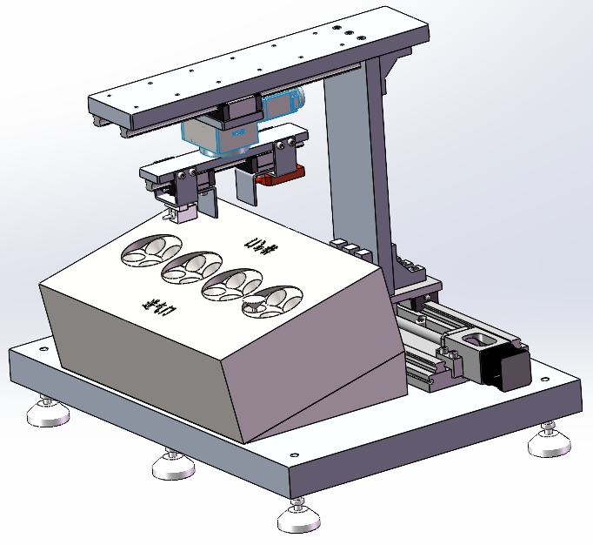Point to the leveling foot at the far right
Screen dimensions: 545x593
point(550,442)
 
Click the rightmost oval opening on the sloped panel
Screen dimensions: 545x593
point(271,300)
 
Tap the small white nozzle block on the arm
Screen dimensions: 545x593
point(180,212)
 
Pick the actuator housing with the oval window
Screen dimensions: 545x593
point(469,344)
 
